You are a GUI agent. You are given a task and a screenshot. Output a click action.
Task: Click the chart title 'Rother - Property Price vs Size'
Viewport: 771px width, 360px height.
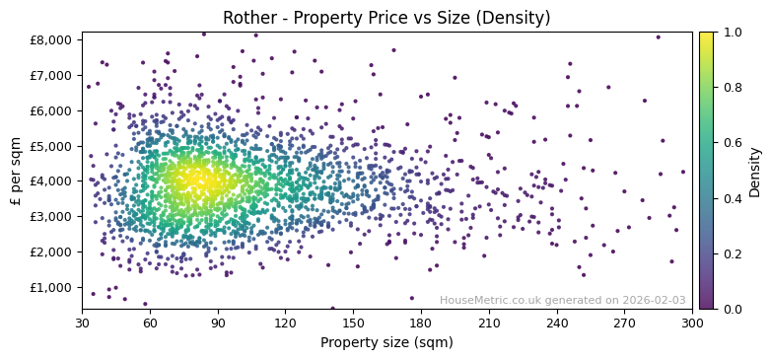point(386,18)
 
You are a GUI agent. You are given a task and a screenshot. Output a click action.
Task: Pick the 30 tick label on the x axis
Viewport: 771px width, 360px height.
point(82,323)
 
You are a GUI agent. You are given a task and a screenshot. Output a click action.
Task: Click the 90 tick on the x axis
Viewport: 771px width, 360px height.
point(218,323)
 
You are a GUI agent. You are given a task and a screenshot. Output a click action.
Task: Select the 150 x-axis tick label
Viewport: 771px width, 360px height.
point(353,323)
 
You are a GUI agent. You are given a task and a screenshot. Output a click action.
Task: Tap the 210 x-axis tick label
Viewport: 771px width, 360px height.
point(489,323)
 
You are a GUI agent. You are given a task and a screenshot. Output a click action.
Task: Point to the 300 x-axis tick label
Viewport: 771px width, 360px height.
point(692,323)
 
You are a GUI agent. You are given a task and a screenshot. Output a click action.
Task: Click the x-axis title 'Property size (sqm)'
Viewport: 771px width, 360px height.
point(386,342)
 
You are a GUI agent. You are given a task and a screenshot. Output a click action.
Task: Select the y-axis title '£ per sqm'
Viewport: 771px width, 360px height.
point(16,171)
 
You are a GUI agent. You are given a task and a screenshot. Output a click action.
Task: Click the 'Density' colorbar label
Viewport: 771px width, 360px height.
point(754,171)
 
